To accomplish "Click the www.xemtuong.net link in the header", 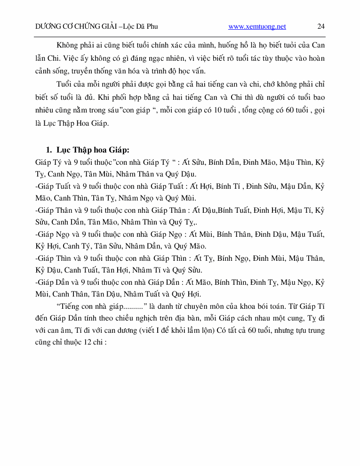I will click(257, 27).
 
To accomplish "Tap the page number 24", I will click(321, 27).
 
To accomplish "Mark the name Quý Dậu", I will click(181, 173).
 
